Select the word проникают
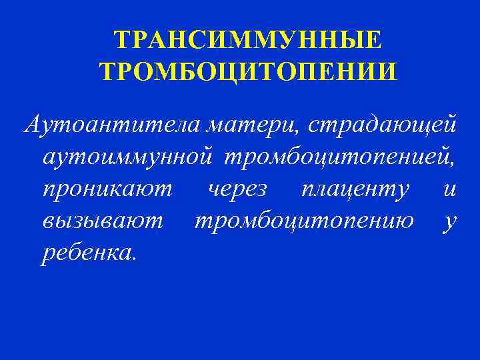point(107,189)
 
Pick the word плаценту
point(355,189)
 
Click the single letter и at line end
point(450,189)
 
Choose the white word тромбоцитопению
point(303,221)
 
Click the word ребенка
point(87,253)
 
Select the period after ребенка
point(134,261)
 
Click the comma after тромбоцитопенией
point(455,163)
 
